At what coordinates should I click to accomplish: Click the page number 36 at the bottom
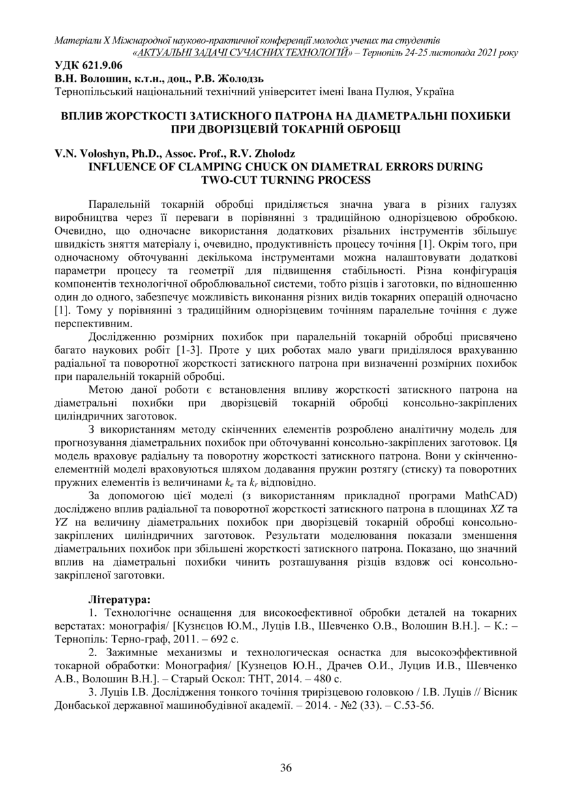coord(286,768)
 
